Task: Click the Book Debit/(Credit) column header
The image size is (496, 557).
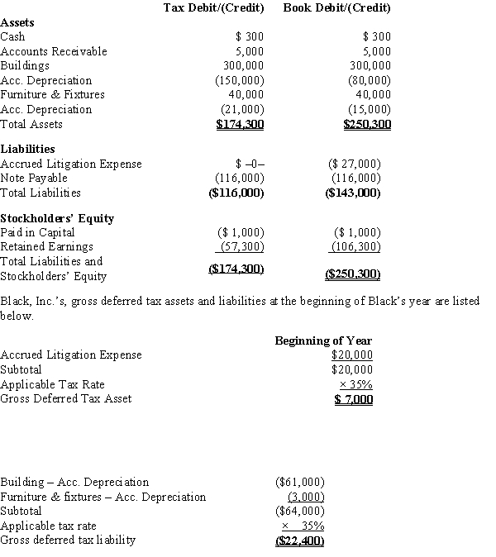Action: click(x=336, y=8)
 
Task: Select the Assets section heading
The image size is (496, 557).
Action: click(x=17, y=23)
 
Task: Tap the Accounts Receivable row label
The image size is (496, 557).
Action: click(x=54, y=51)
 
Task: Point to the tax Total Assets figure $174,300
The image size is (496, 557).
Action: click(x=240, y=125)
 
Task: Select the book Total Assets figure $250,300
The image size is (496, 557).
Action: click(x=367, y=125)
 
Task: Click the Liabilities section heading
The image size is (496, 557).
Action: click(x=27, y=149)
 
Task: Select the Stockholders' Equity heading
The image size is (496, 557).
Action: click(x=57, y=218)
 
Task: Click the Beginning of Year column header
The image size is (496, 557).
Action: click(x=323, y=340)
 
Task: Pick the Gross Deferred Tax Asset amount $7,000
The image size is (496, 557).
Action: click(x=353, y=400)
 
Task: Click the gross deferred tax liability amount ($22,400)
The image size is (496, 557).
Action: click(x=298, y=540)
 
